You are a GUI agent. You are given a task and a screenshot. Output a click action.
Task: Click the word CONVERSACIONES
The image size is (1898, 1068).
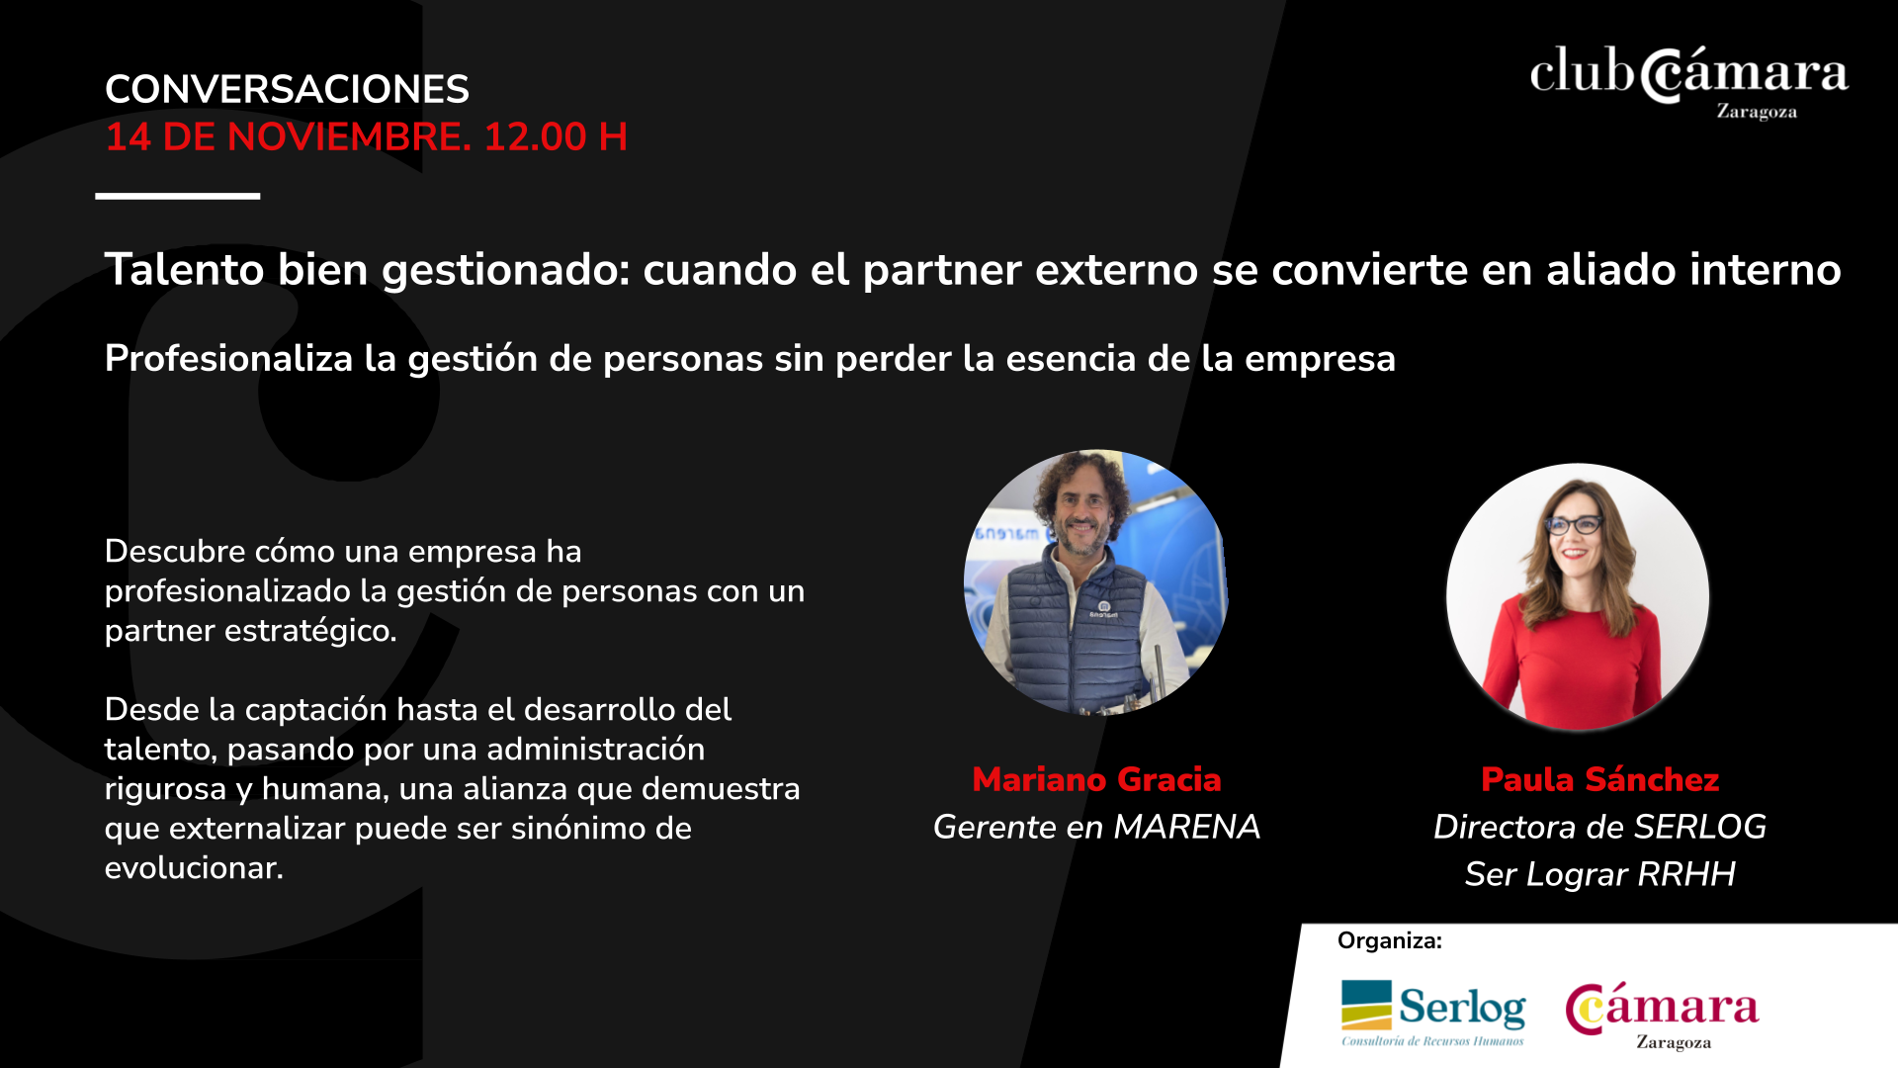287,89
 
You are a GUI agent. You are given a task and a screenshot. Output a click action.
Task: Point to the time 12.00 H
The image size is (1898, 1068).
556,136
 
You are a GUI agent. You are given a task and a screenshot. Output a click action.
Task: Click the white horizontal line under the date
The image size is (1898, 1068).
178,196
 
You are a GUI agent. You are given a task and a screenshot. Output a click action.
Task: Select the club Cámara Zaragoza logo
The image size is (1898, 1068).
1689,82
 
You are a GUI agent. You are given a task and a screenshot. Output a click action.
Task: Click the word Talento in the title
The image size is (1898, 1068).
185,269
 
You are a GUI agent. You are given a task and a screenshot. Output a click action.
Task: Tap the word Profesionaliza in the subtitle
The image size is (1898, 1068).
228,358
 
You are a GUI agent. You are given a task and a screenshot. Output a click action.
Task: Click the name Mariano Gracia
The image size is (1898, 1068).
1096,779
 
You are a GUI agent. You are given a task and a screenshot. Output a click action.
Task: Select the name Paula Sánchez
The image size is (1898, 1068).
1599,779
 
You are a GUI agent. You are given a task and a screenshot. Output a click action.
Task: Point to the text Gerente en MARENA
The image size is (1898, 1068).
1096,827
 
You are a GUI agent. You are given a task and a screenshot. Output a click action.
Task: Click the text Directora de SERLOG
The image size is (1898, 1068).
1599,827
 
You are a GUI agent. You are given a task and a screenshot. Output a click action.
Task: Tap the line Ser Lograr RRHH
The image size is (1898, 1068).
1599,874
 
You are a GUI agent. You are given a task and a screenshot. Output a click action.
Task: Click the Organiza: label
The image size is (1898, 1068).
1389,940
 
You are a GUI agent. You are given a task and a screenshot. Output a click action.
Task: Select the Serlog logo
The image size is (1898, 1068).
1432,1012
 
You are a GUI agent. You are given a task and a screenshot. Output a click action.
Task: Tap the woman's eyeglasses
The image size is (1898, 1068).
1574,525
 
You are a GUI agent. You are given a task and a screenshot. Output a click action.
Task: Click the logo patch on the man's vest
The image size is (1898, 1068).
1103,609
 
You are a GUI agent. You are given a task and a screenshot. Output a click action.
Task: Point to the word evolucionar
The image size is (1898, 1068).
194,867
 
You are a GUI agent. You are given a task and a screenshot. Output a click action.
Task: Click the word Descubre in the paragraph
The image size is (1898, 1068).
175,551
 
